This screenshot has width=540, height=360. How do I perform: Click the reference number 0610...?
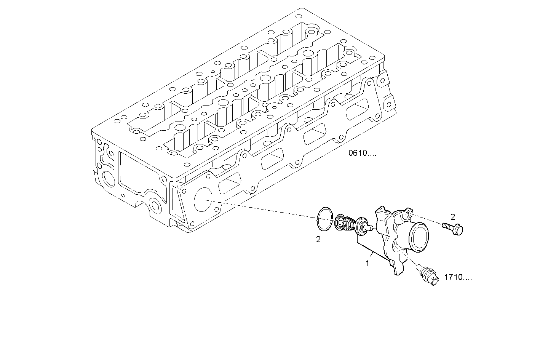pos(362,154)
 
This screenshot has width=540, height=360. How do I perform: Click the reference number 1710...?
pos(457,278)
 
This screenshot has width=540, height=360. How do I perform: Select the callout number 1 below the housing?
pos(367,263)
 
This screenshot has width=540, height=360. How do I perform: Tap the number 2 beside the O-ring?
pos(318,240)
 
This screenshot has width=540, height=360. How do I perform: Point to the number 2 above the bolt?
pos(452,217)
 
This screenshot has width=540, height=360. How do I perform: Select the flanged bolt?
pos(453,229)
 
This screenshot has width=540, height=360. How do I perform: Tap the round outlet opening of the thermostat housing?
pos(420,238)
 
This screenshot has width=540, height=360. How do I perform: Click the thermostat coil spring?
pos(346,224)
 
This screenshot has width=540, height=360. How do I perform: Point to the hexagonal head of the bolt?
pos(459,230)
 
